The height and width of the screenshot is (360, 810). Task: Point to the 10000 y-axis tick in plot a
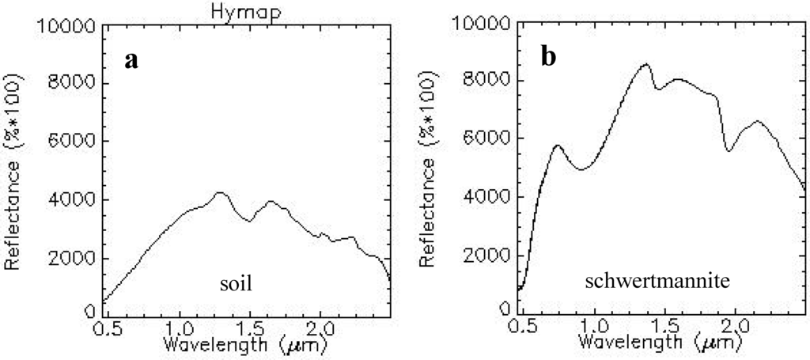point(68,26)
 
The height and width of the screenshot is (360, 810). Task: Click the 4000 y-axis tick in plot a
point(72,200)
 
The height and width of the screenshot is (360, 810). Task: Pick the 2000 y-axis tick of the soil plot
point(72,259)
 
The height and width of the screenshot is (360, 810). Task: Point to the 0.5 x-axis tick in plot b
point(520,325)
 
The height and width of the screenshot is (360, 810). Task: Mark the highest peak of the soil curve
point(221,191)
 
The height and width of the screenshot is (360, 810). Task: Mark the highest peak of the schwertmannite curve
point(645,64)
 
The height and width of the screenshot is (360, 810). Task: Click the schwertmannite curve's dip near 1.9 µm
point(729,150)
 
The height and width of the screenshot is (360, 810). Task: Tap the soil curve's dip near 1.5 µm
point(248,221)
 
